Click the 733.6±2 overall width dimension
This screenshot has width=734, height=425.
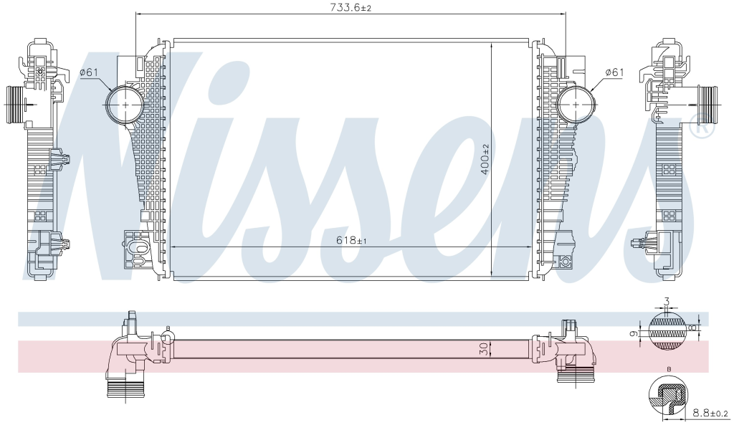coord(351,7)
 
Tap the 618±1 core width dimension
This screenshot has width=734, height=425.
coord(351,241)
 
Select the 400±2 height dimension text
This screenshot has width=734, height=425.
coord(485,159)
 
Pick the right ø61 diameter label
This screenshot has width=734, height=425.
coord(614,72)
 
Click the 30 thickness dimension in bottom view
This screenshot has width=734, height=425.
coord(485,348)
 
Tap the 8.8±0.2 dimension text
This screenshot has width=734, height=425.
coord(710,414)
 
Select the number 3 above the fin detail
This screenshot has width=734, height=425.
coord(667,301)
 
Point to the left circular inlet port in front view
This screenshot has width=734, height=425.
coord(124,105)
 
